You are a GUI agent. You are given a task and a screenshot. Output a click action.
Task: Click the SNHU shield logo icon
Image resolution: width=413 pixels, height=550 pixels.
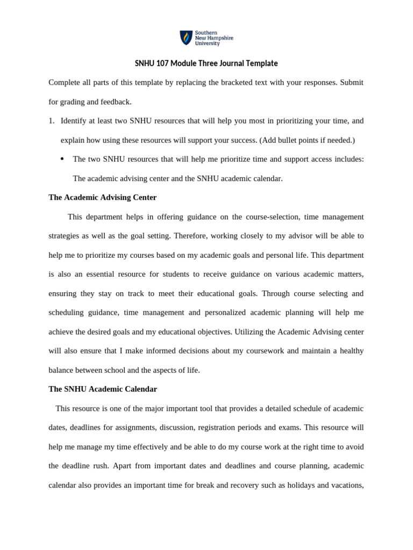coord(186,38)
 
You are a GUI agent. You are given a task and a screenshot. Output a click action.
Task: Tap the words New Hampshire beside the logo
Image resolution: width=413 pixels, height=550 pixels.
coord(214,38)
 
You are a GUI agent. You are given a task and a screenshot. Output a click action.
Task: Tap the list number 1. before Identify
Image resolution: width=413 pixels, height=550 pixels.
coord(52,121)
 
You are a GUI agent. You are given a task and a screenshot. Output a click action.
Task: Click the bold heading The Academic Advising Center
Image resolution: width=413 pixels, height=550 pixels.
coord(102,198)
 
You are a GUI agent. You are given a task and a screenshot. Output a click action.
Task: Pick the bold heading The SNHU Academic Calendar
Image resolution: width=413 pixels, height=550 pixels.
coord(103,389)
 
